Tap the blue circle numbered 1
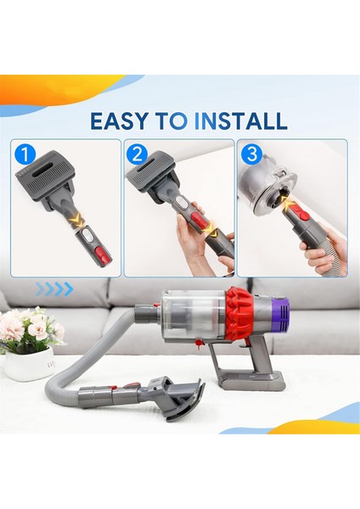click(x=25, y=155)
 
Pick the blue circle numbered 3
click(x=250, y=155)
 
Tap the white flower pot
click(x=29, y=363)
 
